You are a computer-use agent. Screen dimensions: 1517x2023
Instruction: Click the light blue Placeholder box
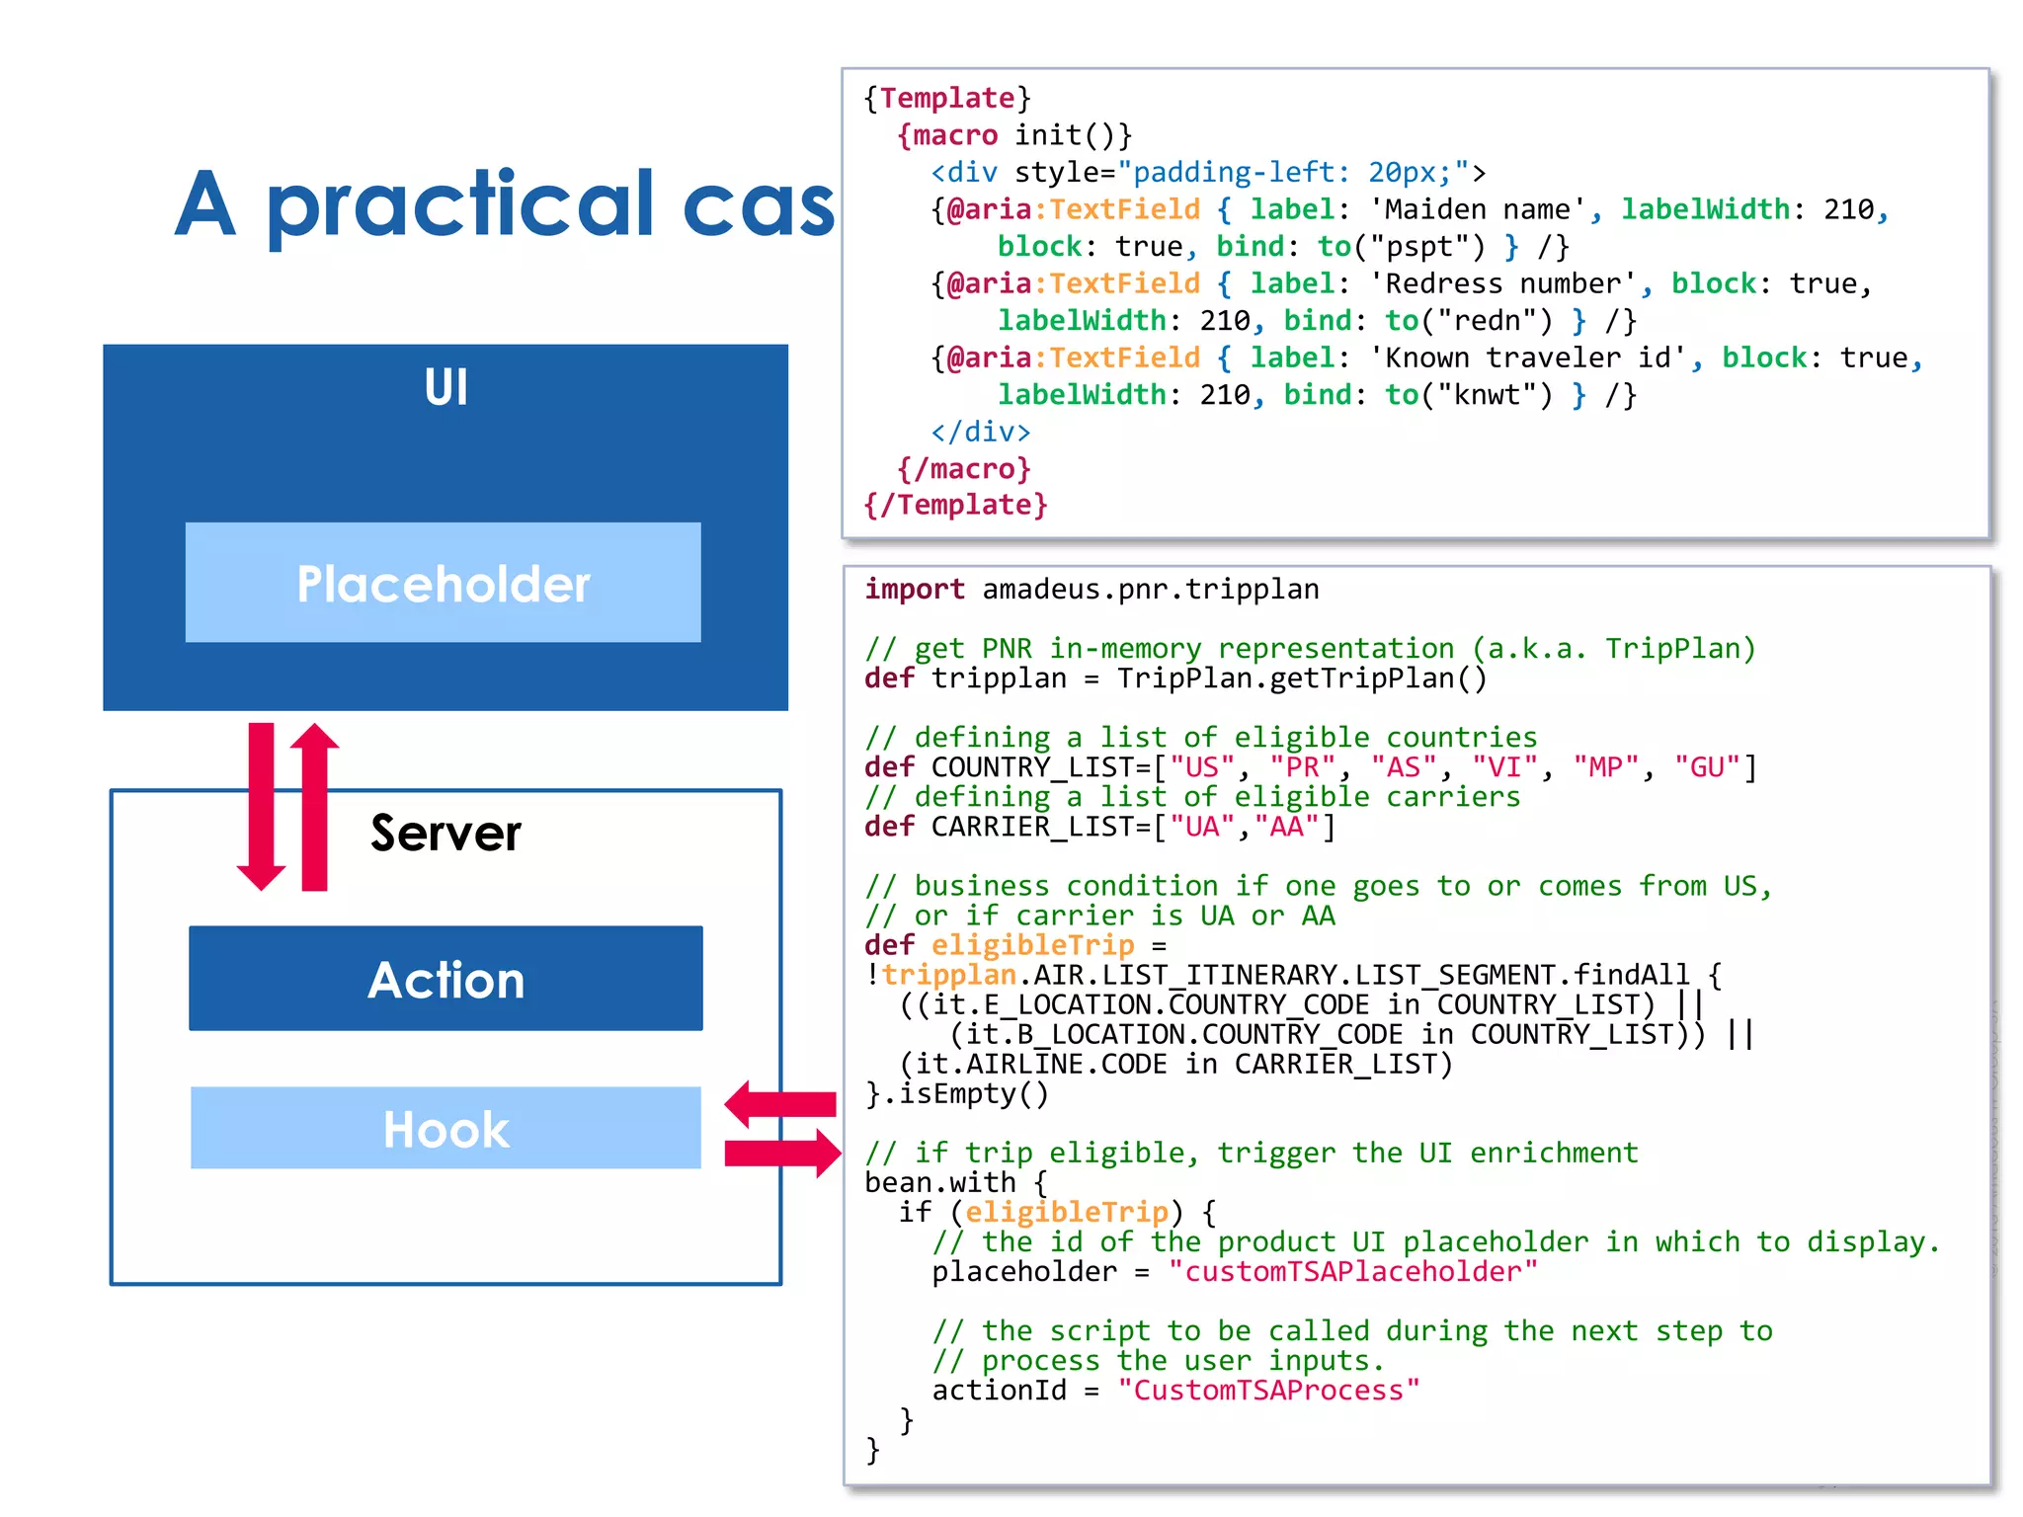pyautogui.click(x=444, y=583)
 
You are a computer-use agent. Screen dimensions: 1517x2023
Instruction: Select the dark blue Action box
pyautogui.click(x=445, y=979)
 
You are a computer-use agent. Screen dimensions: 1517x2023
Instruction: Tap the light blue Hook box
pyautogui.click(x=445, y=1128)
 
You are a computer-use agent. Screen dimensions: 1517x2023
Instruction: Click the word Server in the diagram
pyautogui.click(x=445, y=833)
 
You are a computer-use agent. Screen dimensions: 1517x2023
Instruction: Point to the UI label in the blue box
pyautogui.click(x=445, y=387)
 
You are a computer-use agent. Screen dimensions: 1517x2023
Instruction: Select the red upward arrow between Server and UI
pyautogui.click(x=314, y=805)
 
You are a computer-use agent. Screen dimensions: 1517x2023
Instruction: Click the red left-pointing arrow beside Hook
pyautogui.click(x=779, y=1103)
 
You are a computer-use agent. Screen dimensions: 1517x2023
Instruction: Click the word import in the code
pyautogui.click(x=914, y=590)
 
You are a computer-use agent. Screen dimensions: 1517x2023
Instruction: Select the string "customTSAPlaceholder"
pyautogui.click(x=1352, y=1272)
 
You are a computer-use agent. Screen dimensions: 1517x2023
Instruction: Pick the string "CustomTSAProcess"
pyautogui.click(x=1268, y=1391)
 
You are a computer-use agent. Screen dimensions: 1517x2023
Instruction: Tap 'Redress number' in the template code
pyautogui.click(x=1502, y=284)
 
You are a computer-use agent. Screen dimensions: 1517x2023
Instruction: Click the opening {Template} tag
pyautogui.click(x=946, y=98)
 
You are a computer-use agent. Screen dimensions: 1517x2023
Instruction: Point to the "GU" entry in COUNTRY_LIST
pyautogui.click(x=1707, y=767)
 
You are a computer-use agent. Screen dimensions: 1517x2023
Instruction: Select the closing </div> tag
pyautogui.click(x=980, y=432)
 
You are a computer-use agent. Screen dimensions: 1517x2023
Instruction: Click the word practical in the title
pyautogui.click(x=459, y=205)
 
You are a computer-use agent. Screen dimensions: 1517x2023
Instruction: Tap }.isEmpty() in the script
pyautogui.click(x=956, y=1094)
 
